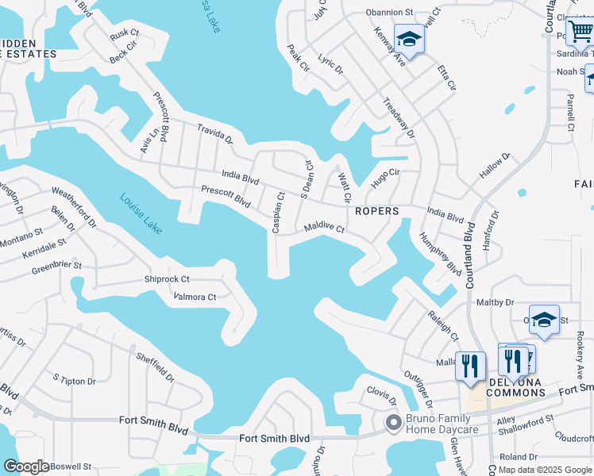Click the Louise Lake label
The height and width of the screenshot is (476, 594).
pyautogui.click(x=141, y=213)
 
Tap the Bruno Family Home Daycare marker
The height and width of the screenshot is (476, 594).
pyautogui.click(x=392, y=423)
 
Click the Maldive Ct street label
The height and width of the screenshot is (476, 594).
pyautogui.click(x=324, y=229)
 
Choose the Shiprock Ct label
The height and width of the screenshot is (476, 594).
pyautogui.click(x=167, y=279)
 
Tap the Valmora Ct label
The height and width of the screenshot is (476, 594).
pyautogui.click(x=195, y=297)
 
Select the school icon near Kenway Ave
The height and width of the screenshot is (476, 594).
pyautogui.click(x=409, y=38)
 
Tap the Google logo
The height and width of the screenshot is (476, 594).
pyautogui.click(x=27, y=466)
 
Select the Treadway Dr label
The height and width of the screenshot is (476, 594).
pyautogui.click(x=399, y=118)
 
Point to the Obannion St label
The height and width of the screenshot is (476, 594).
pyautogui.click(x=390, y=13)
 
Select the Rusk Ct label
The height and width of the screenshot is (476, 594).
pyautogui.click(x=125, y=35)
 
